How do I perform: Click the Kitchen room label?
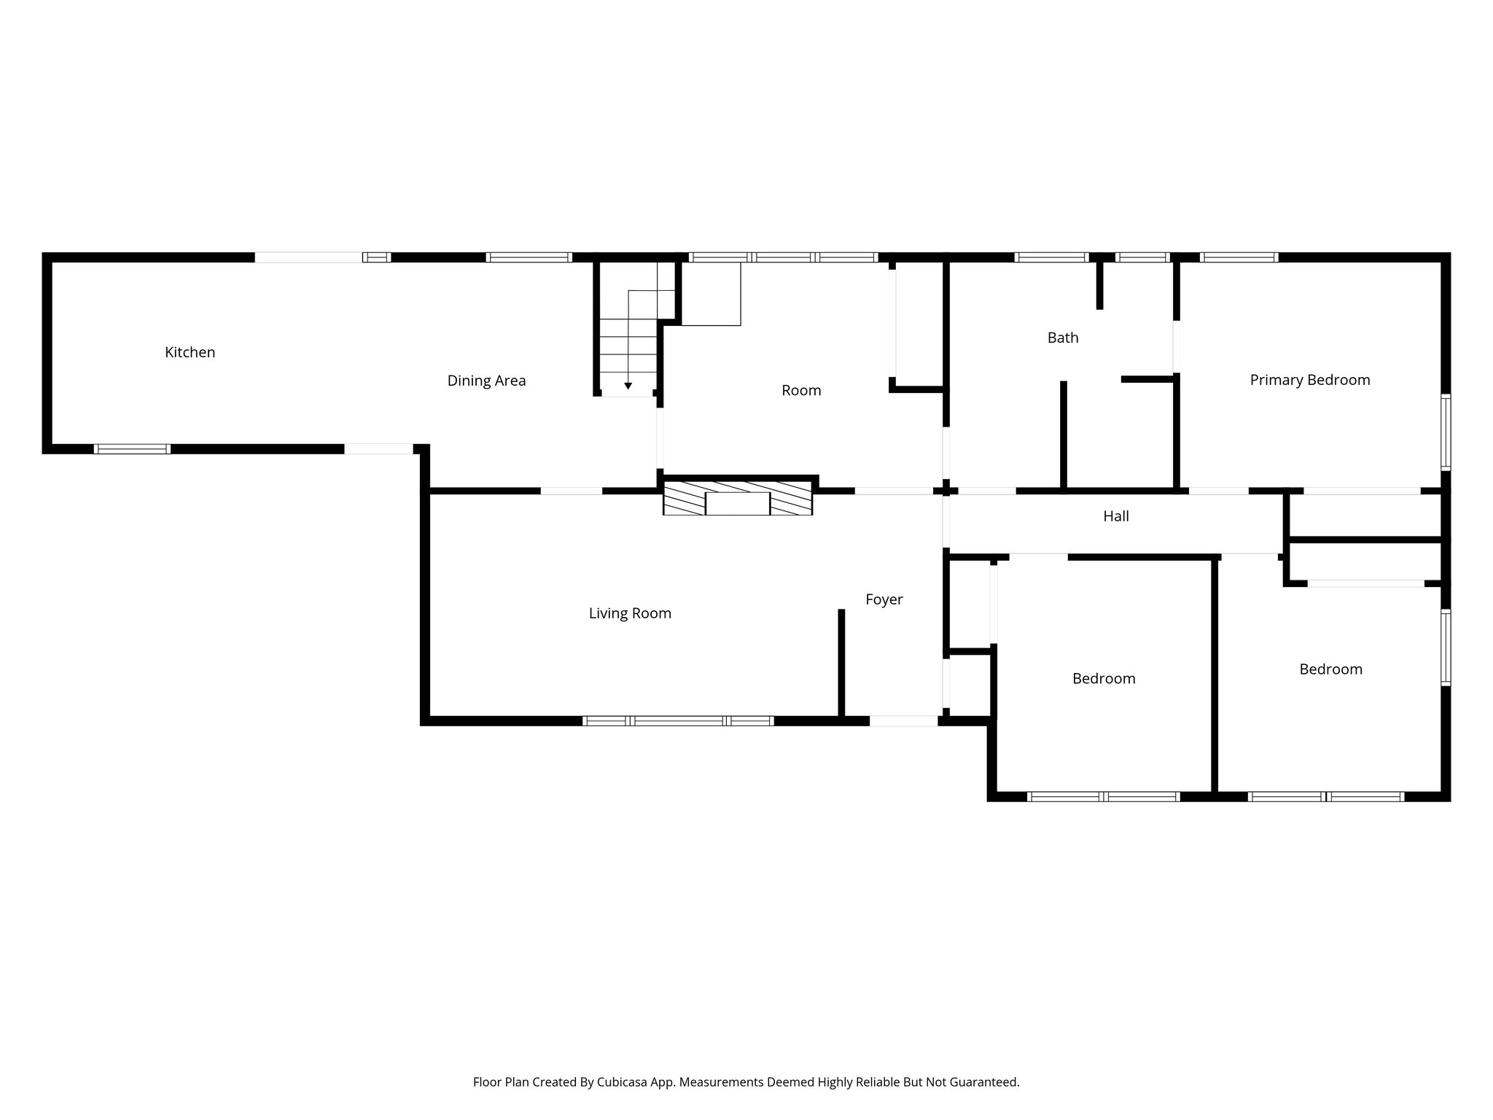coord(190,352)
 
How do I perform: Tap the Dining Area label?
coord(486,381)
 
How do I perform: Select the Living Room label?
coord(630,613)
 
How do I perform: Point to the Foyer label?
coord(884,599)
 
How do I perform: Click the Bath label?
coord(1062,338)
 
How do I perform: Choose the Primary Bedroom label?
coord(1309,380)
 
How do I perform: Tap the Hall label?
coord(1115,516)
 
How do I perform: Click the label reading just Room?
coord(801,390)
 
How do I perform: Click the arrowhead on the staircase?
coord(628,385)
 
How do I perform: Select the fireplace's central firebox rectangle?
coord(738,504)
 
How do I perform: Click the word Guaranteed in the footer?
coord(981,1082)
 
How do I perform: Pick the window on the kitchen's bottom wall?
coord(132,448)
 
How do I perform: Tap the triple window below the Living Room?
coord(678,720)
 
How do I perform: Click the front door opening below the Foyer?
coord(903,720)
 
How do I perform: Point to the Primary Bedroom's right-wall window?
coord(1446,432)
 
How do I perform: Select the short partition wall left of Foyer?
coord(841,662)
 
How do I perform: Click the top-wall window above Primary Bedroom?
coord(1239,257)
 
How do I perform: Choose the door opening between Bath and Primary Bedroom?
coord(1176,346)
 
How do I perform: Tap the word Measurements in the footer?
coord(717,1082)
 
